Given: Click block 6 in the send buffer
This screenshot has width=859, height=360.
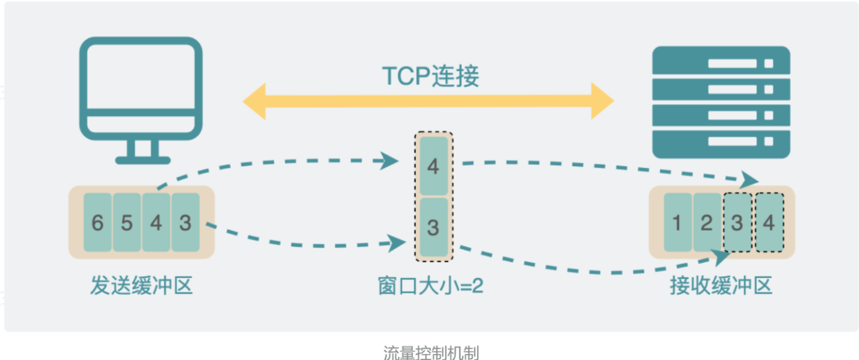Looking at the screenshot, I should click(x=97, y=222).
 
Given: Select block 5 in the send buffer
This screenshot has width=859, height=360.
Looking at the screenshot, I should click(x=127, y=222).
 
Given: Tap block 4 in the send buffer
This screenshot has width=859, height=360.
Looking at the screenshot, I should click(x=156, y=222).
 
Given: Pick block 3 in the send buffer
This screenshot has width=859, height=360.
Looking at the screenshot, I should click(x=186, y=222).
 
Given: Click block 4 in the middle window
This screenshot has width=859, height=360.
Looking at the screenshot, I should click(x=433, y=167).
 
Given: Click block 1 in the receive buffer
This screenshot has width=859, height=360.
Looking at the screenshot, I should click(x=678, y=222).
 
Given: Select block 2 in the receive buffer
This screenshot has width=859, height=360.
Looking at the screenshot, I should click(x=707, y=222).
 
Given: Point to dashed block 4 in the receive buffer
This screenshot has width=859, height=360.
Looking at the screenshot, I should click(x=769, y=222).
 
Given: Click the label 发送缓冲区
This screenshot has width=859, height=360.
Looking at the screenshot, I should click(x=142, y=286).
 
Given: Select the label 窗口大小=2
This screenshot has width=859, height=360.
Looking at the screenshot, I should click(x=430, y=286).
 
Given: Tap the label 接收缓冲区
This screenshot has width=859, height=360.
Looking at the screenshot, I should click(x=721, y=286).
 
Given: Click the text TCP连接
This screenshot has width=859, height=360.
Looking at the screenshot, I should click(x=430, y=76).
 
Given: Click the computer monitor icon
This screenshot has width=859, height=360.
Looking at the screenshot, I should click(x=141, y=89).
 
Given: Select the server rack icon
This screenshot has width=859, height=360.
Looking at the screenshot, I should click(x=721, y=102).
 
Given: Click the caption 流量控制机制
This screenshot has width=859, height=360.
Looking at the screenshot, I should click(x=431, y=353).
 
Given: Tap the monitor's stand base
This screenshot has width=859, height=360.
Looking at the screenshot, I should click(x=143, y=160).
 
